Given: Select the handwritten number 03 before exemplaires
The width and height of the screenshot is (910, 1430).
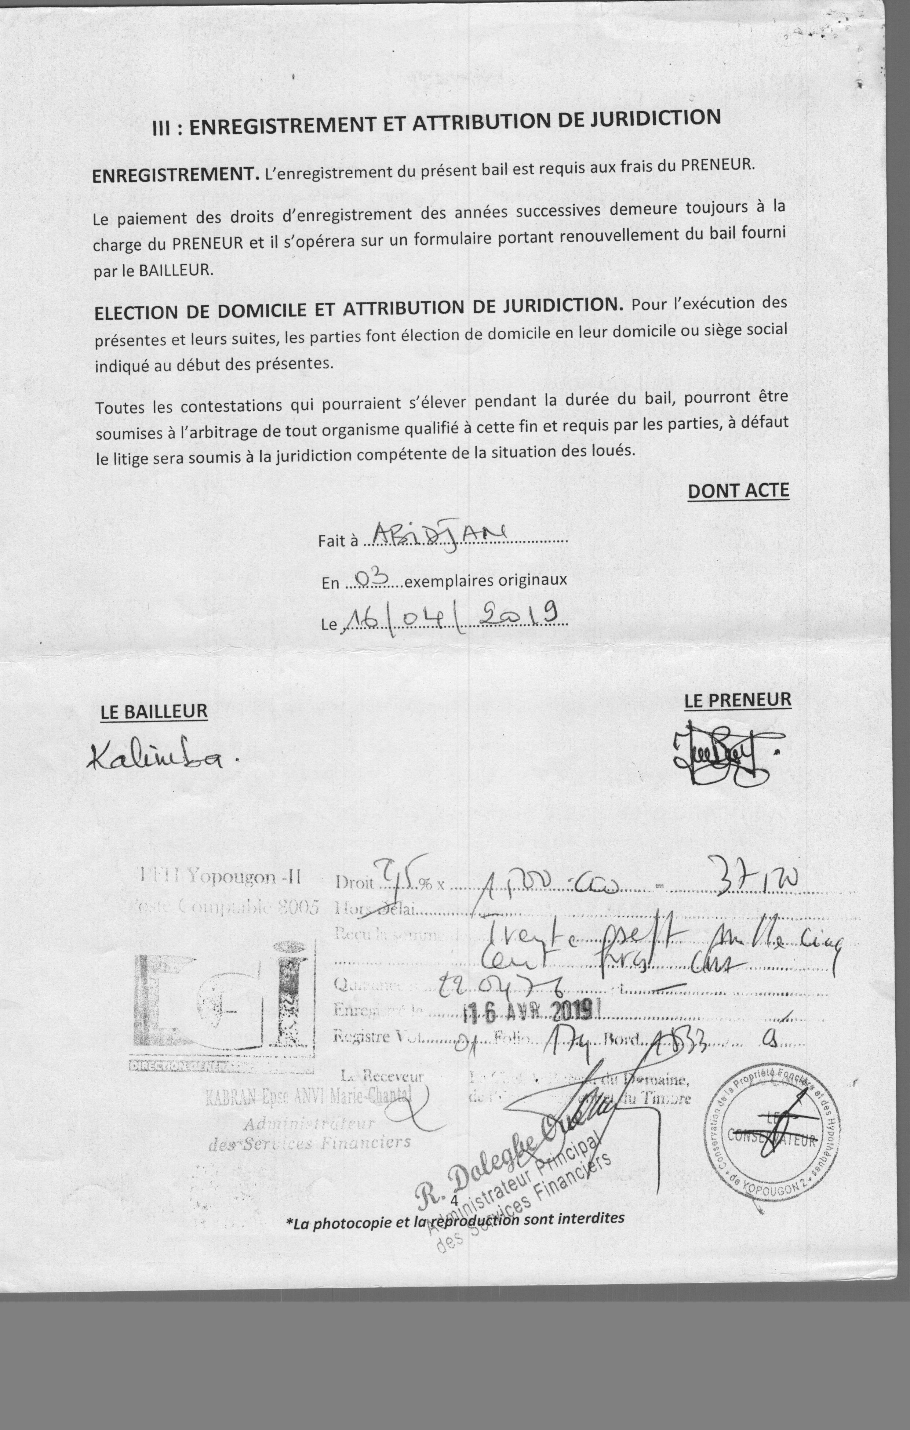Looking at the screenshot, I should pos(371,576).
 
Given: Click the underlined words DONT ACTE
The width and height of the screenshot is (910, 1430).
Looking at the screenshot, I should pos(738,491).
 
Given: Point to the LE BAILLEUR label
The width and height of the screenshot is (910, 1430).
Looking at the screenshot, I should pos(154,712).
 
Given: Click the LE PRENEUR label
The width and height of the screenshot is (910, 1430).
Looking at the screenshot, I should pos(738,700).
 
